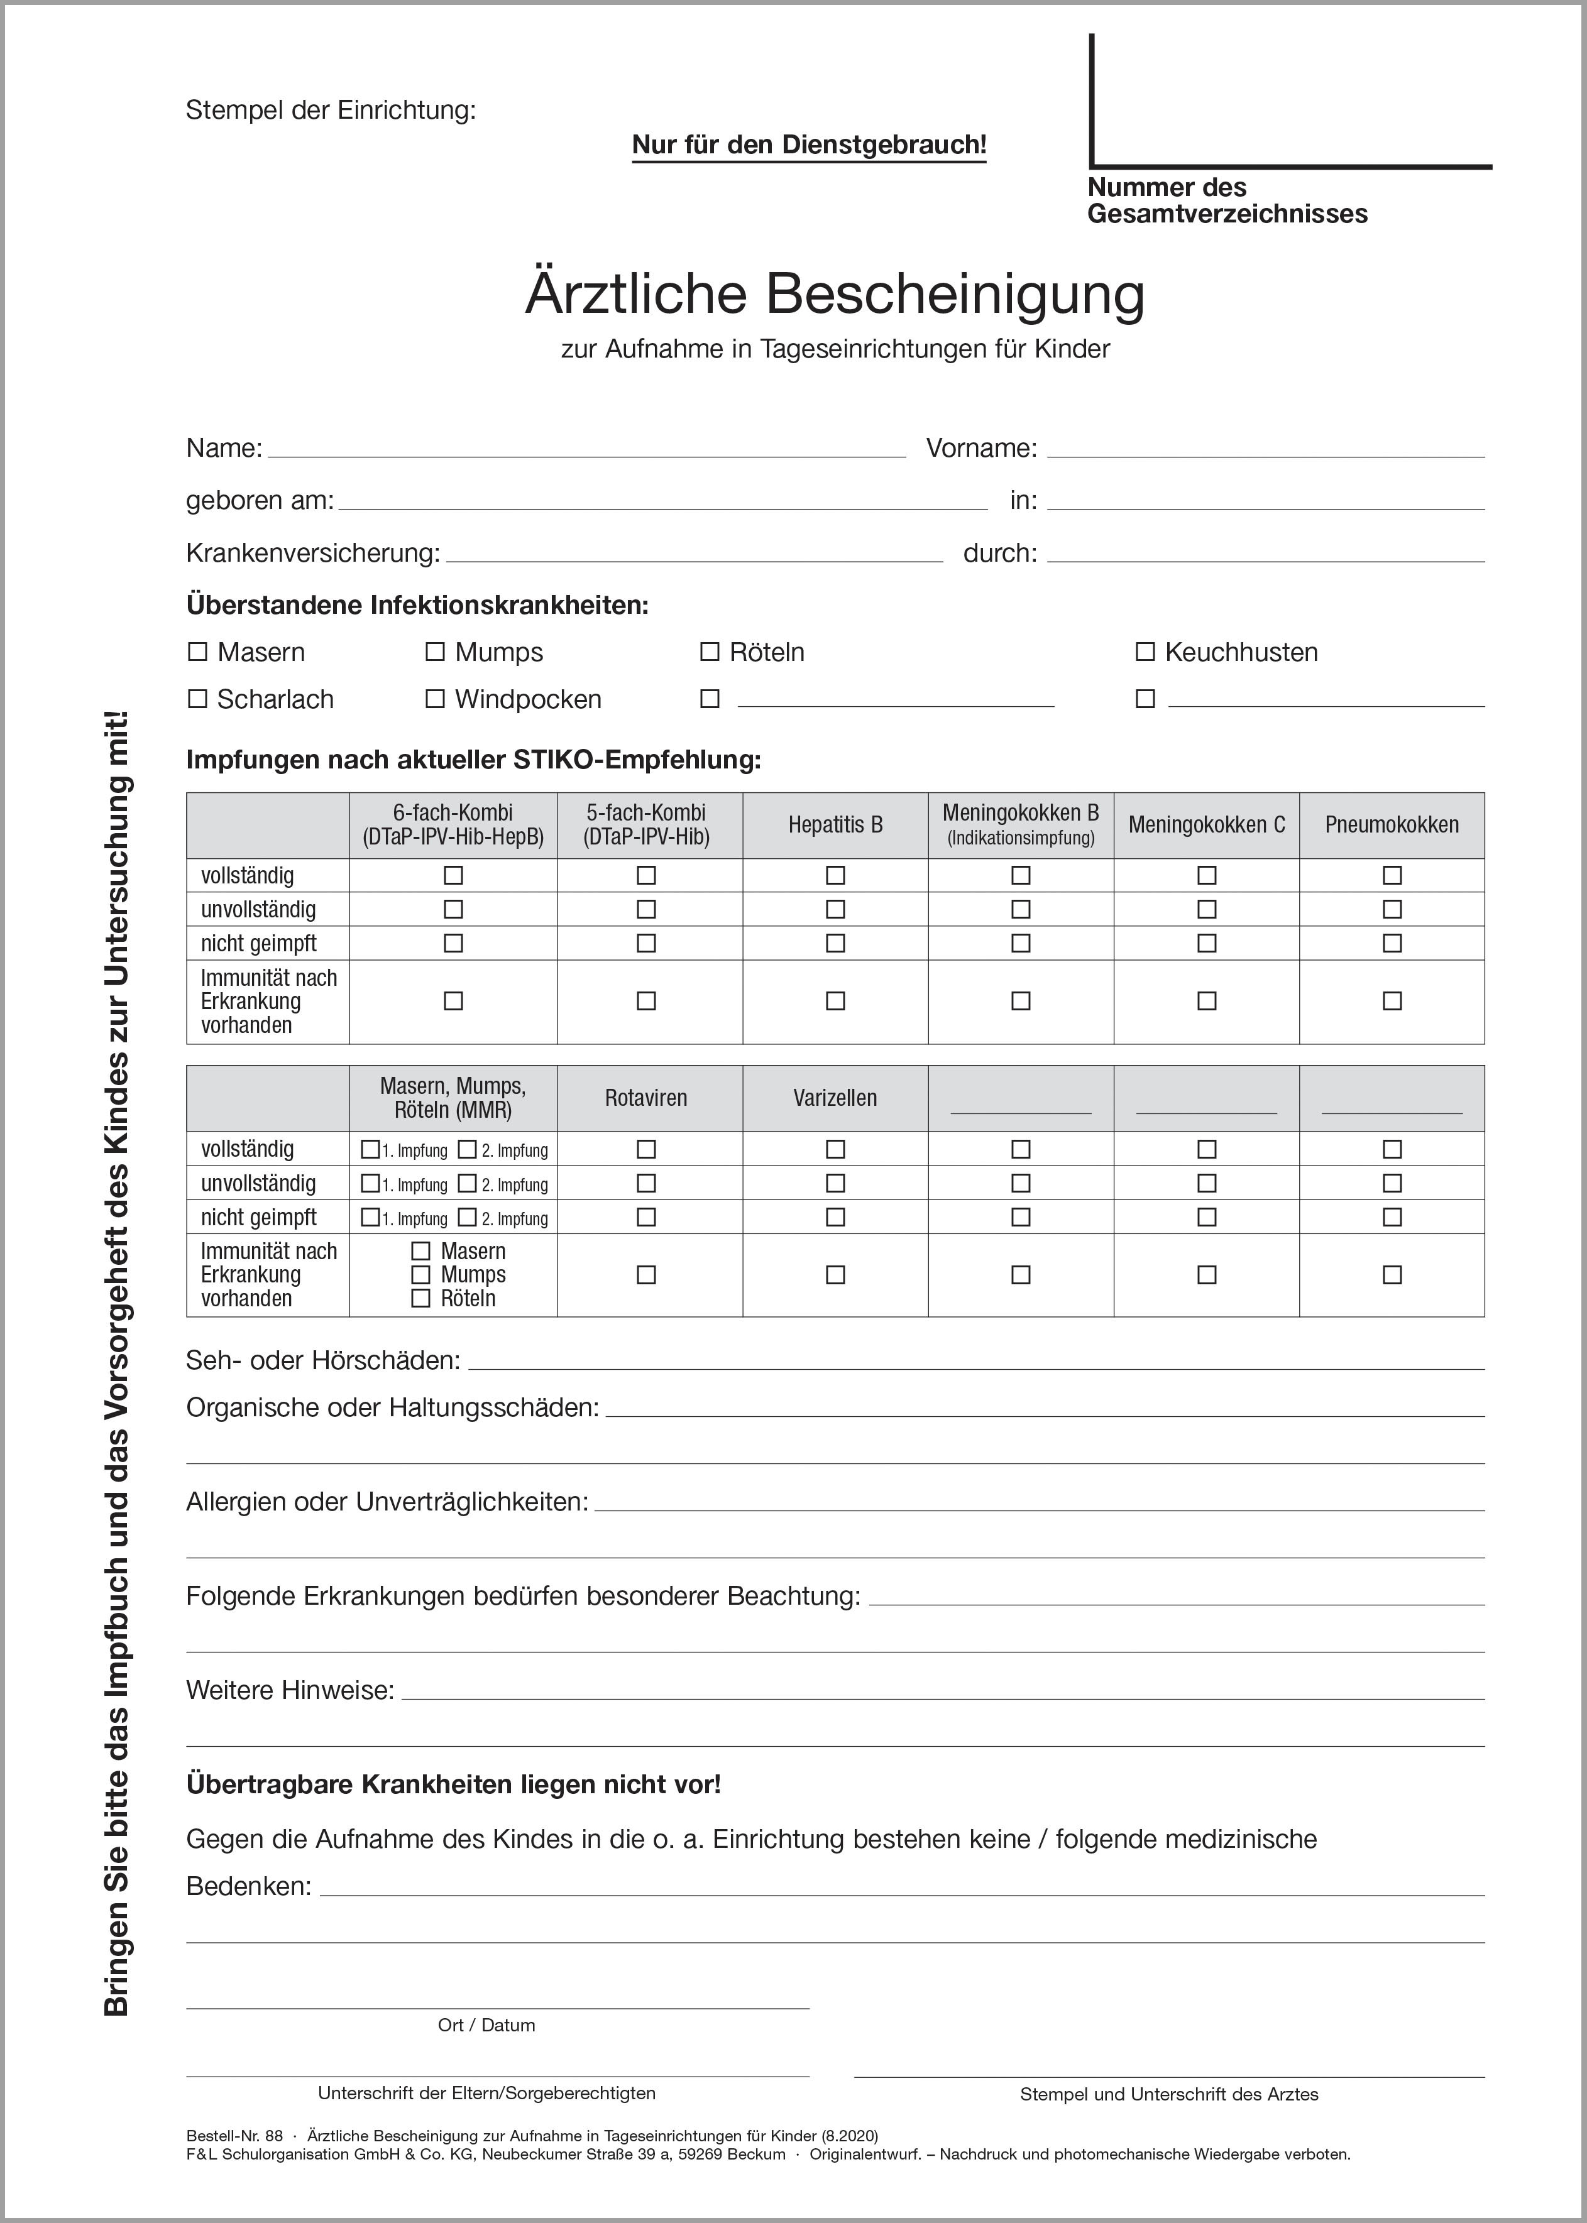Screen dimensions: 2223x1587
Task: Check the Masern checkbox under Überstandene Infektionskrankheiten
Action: [x=197, y=652]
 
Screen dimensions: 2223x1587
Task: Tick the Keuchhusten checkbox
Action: [x=1145, y=652]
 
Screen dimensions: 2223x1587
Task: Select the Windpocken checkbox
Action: [x=435, y=699]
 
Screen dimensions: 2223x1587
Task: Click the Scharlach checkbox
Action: [x=197, y=699]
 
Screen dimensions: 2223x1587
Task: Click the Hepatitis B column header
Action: [x=835, y=826]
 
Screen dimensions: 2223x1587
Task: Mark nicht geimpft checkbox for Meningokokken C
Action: [x=1207, y=944]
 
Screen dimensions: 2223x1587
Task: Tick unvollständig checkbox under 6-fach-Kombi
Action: [x=453, y=909]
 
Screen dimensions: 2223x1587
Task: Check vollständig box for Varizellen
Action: [x=835, y=1150]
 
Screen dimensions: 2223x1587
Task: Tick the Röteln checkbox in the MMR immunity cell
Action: [x=420, y=1299]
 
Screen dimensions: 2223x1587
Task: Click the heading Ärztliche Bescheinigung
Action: [x=835, y=293]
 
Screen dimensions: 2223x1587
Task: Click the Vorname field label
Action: [x=981, y=449]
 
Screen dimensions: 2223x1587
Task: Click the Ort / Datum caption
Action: [x=486, y=2024]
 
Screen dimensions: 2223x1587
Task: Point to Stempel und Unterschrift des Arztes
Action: [x=1169, y=2094]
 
